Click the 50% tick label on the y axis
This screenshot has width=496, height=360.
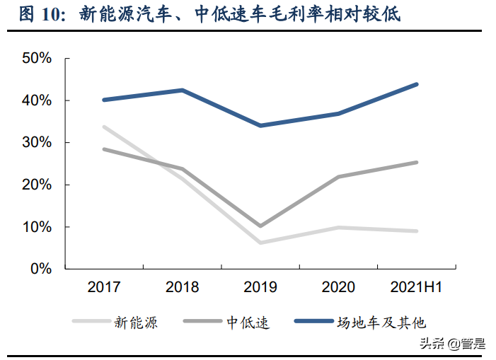[36, 58]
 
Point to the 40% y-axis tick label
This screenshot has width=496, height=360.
[36, 100]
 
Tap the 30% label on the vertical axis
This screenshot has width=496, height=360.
[36, 142]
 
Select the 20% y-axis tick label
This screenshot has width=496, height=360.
[36, 185]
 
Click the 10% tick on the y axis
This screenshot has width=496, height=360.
[36, 227]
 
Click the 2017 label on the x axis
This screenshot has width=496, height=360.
[104, 287]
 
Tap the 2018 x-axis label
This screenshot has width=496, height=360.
[182, 287]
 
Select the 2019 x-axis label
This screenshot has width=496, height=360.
[260, 287]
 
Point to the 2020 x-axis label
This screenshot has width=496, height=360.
[338, 287]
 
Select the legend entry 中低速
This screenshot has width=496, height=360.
[248, 323]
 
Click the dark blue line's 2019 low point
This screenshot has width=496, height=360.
[260, 125]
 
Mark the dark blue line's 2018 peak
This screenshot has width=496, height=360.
[182, 90]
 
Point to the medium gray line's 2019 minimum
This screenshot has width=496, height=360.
[260, 226]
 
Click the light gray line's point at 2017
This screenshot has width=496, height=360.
[104, 127]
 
